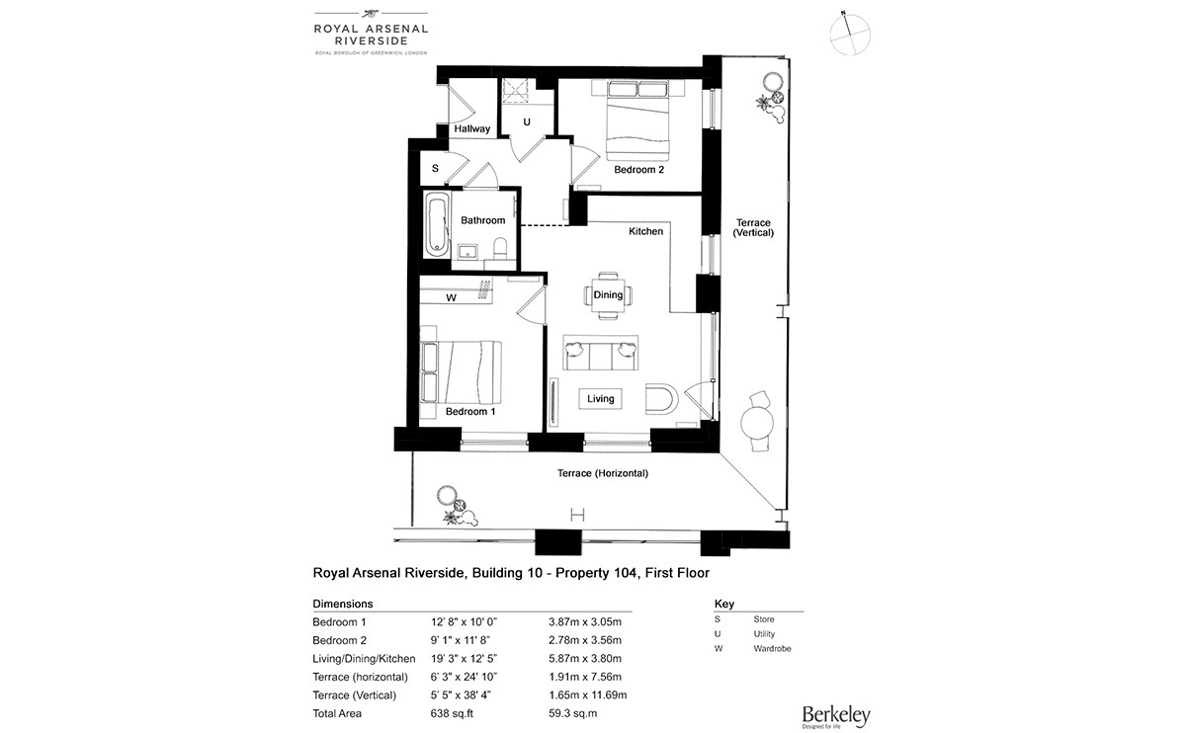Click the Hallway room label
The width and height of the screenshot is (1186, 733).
pyautogui.click(x=472, y=129)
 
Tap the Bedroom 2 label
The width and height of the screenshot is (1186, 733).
pyautogui.click(x=638, y=170)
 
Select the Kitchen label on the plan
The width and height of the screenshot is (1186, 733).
pyautogui.click(x=646, y=231)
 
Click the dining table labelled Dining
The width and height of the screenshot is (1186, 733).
pyautogui.click(x=608, y=294)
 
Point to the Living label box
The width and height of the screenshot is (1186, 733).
pyautogui.click(x=600, y=399)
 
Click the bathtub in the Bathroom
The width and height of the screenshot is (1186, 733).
pyautogui.click(x=436, y=225)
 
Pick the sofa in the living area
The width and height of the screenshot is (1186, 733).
pyautogui.click(x=600, y=349)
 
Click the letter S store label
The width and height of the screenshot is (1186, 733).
pyautogui.click(x=435, y=169)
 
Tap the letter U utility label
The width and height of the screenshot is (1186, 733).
pyautogui.click(x=527, y=122)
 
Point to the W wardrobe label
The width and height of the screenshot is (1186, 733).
pyautogui.click(x=451, y=297)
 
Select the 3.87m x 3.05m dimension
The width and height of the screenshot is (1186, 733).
pyautogui.click(x=585, y=621)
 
